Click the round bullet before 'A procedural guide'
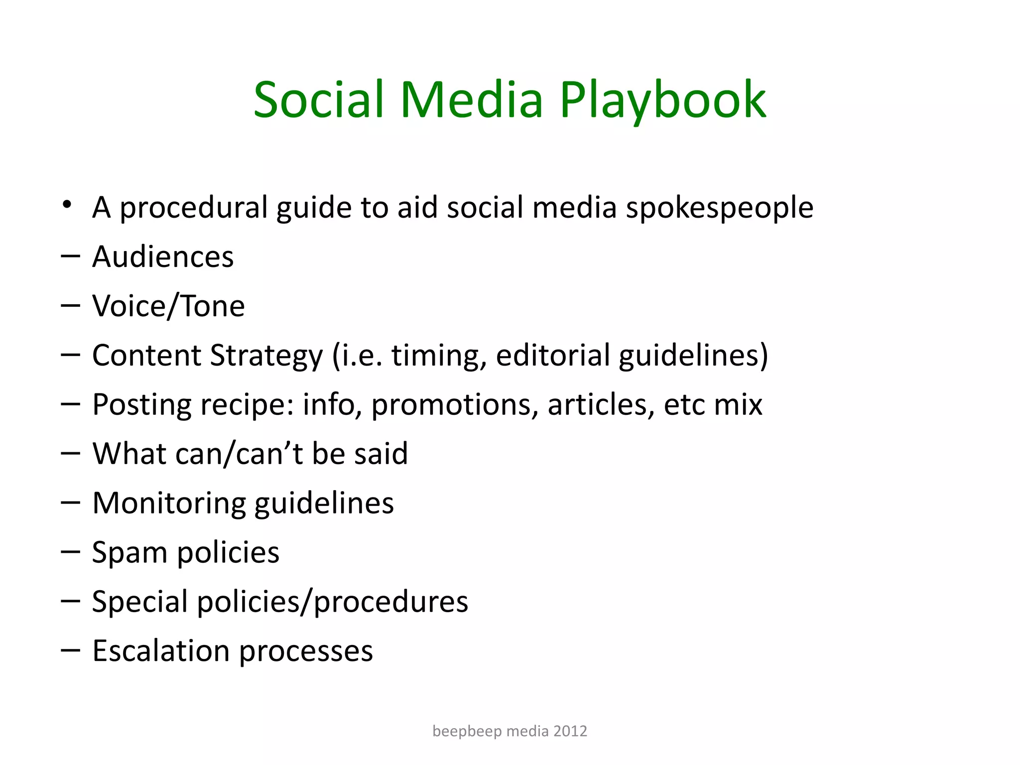pos(67,205)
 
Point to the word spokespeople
pos(719,208)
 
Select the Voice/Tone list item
pos(168,306)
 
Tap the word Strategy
pos(266,356)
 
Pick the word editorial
pos(553,356)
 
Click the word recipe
pos(246,405)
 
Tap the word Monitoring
pos(169,504)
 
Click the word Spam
pos(130,553)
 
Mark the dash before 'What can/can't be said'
pos(70,453)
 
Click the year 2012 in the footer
pos(570,731)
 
